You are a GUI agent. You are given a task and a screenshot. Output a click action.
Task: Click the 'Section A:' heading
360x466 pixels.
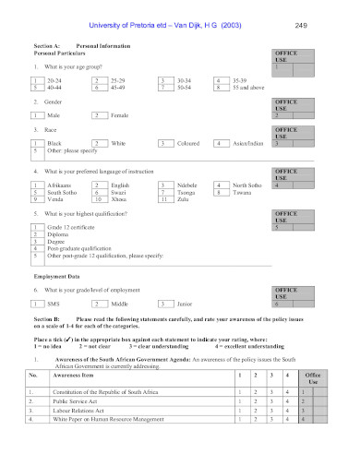47,44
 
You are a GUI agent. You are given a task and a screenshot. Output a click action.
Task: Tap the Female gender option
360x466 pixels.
121,115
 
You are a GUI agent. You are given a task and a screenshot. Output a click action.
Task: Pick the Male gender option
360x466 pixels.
54,115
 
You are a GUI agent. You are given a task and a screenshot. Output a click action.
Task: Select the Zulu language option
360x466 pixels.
182,198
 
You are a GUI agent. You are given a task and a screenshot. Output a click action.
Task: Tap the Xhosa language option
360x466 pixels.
120,198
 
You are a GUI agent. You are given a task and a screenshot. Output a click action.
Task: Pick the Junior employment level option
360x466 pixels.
185,303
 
